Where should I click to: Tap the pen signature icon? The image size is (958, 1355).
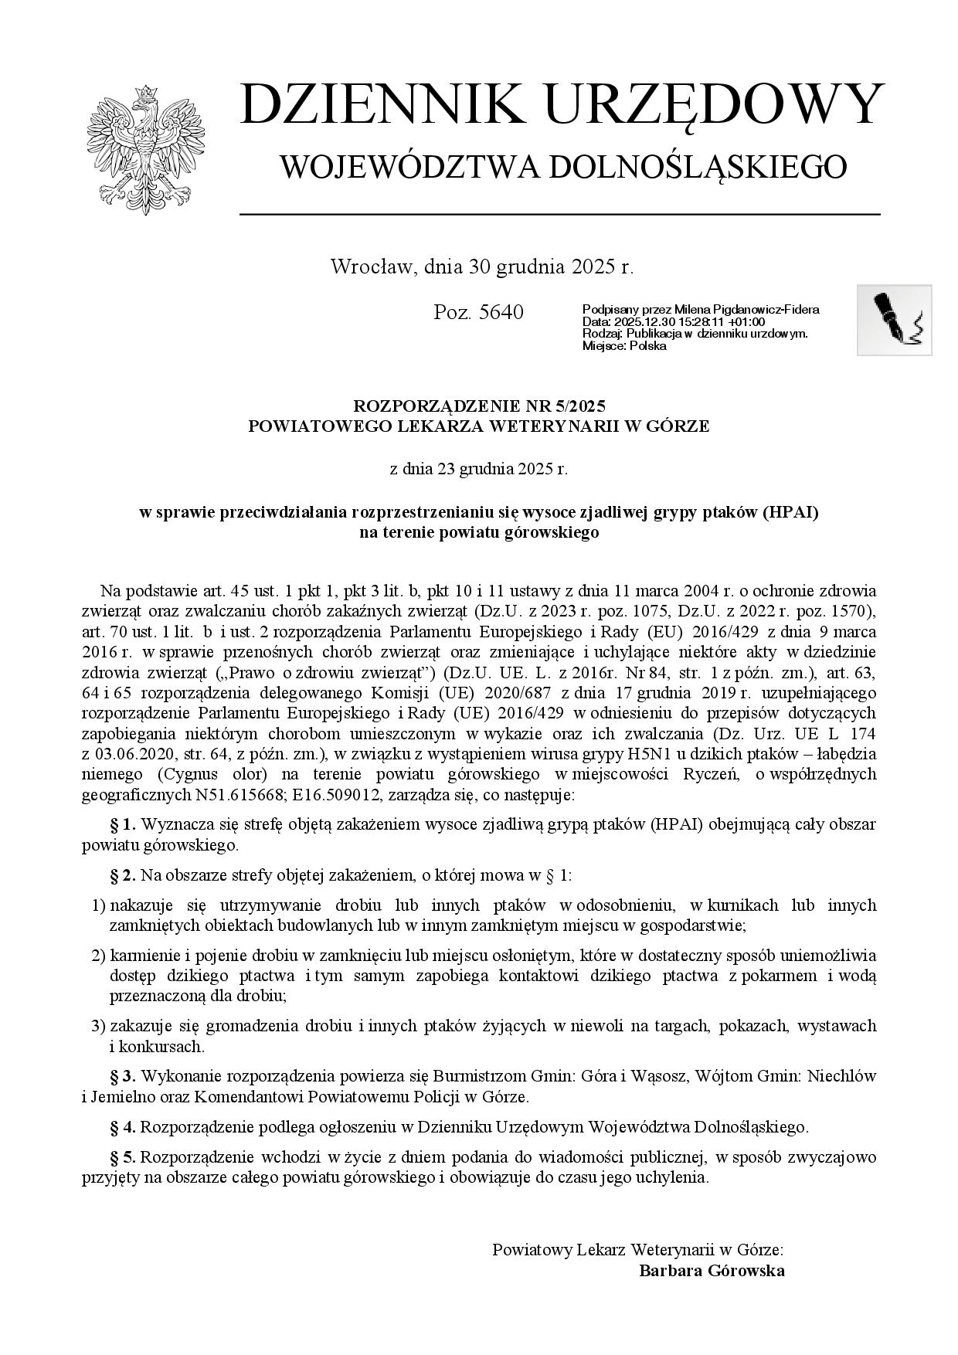(x=894, y=319)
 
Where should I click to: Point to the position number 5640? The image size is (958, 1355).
(x=501, y=313)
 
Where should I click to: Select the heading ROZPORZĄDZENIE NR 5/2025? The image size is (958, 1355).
(x=478, y=406)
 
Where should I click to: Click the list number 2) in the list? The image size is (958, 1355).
(x=98, y=956)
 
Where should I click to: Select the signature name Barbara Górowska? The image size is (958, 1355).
(x=712, y=1271)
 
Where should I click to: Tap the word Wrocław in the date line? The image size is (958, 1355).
(x=374, y=267)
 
